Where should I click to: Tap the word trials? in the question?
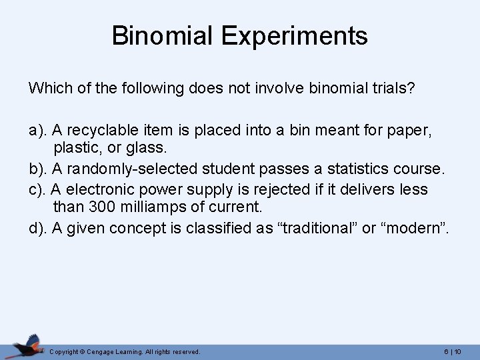[393, 89]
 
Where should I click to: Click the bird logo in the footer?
[27, 346]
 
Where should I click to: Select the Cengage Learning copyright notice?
[125, 351]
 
